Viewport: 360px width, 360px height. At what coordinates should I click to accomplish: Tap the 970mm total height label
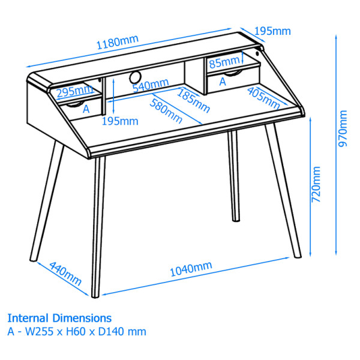tap(343, 128)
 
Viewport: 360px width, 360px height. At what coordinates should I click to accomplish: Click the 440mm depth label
tap(65, 273)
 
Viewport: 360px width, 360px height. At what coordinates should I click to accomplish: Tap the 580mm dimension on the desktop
tap(167, 110)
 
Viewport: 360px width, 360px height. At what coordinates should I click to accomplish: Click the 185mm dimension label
tap(194, 100)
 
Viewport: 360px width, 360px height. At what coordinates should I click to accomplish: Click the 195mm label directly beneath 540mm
tap(120, 121)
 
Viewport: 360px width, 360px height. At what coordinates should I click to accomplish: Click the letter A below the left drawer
tap(86, 109)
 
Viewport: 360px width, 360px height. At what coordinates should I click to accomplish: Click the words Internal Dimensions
tap(59, 317)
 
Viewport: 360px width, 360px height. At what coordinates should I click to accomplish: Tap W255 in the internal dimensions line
tap(37, 331)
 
